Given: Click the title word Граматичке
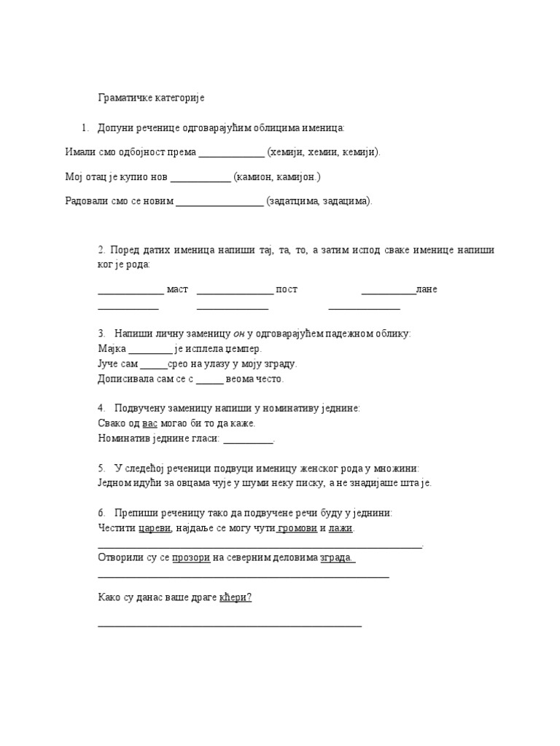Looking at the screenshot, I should (x=123, y=97).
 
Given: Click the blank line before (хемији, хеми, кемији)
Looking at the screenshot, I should (x=231, y=152).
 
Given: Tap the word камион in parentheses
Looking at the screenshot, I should (x=255, y=176).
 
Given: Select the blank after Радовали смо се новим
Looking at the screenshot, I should (x=219, y=201).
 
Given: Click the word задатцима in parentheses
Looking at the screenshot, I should (x=294, y=201).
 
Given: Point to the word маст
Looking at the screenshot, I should (x=177, y=289).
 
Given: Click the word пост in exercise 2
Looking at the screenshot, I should (x=287, y=289).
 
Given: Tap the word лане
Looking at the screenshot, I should (x=427, y=289).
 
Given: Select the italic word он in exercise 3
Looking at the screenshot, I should (x=238, y=334).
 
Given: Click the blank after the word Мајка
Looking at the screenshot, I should (x=150, y=349).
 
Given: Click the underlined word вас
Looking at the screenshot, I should (x=150, y=423).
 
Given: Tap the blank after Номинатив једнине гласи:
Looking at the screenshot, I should (x=248, y=439).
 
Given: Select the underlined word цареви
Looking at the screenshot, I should (x=155, y=527).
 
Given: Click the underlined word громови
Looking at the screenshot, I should (x=297, y=527).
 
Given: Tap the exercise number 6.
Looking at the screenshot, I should (x=101, y=513).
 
